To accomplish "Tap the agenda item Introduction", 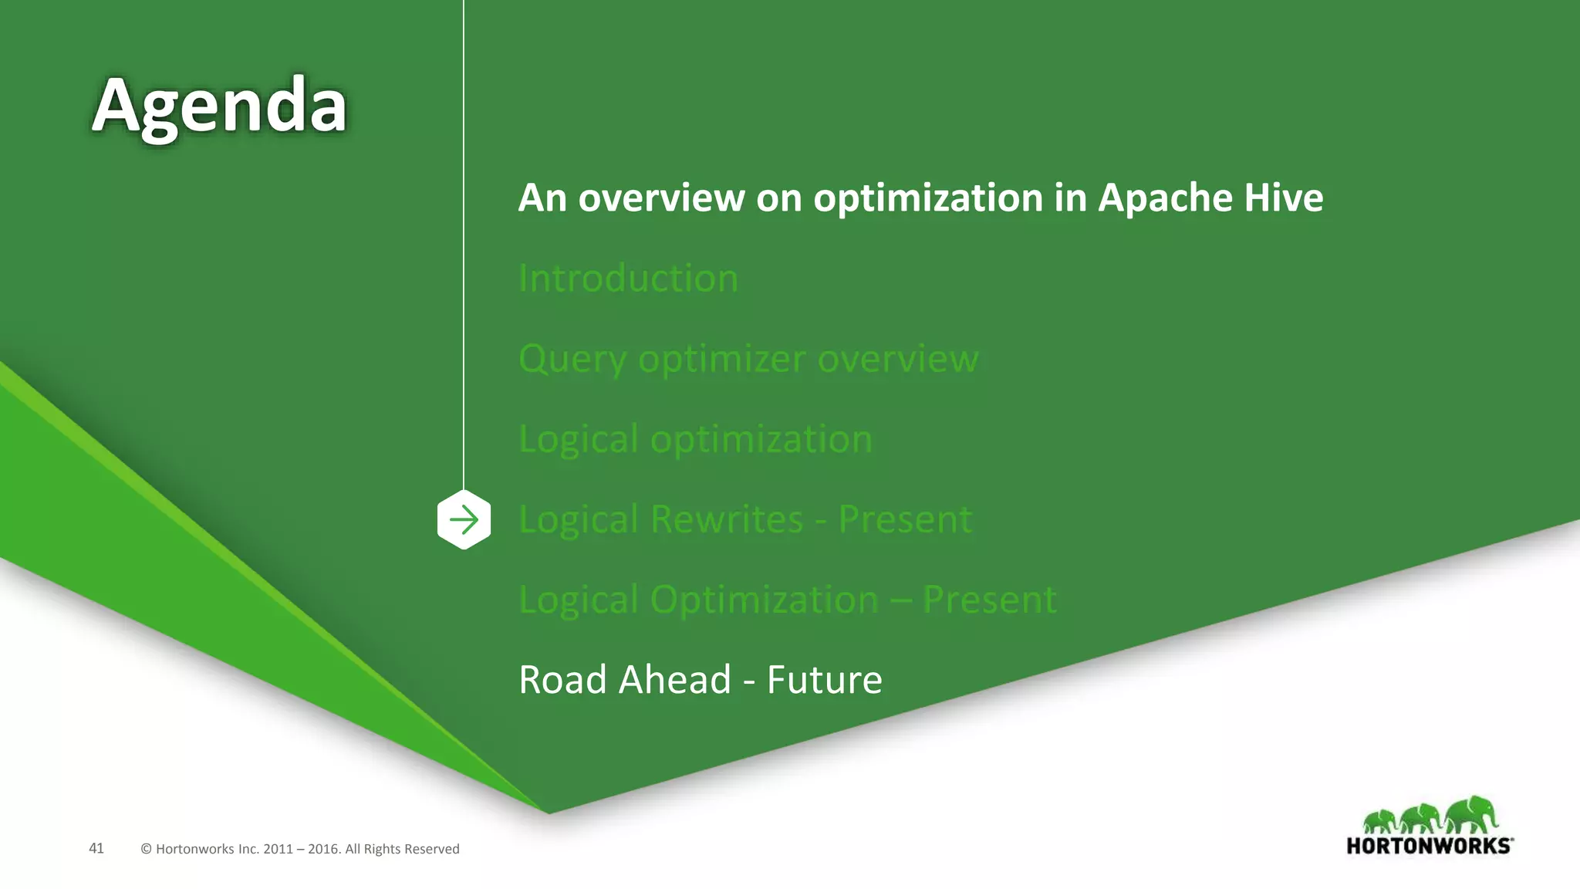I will (628, 278).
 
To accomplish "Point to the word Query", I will (572, 360).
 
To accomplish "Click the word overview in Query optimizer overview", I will (897, 360).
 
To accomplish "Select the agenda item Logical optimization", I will (695, 439).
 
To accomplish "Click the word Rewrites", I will (726, 519).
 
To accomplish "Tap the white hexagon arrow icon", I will (464, 519).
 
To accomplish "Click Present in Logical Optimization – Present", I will (989, 600).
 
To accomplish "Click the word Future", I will (824, 680).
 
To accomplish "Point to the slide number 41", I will (96, 848).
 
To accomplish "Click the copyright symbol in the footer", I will (146, 849).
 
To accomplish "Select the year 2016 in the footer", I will (322, 849).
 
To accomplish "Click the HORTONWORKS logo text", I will (1429, 846).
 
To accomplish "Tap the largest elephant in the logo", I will (1472, 815).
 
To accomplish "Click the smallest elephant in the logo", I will (1379, 821).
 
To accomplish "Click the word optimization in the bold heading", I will (928, 198).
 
